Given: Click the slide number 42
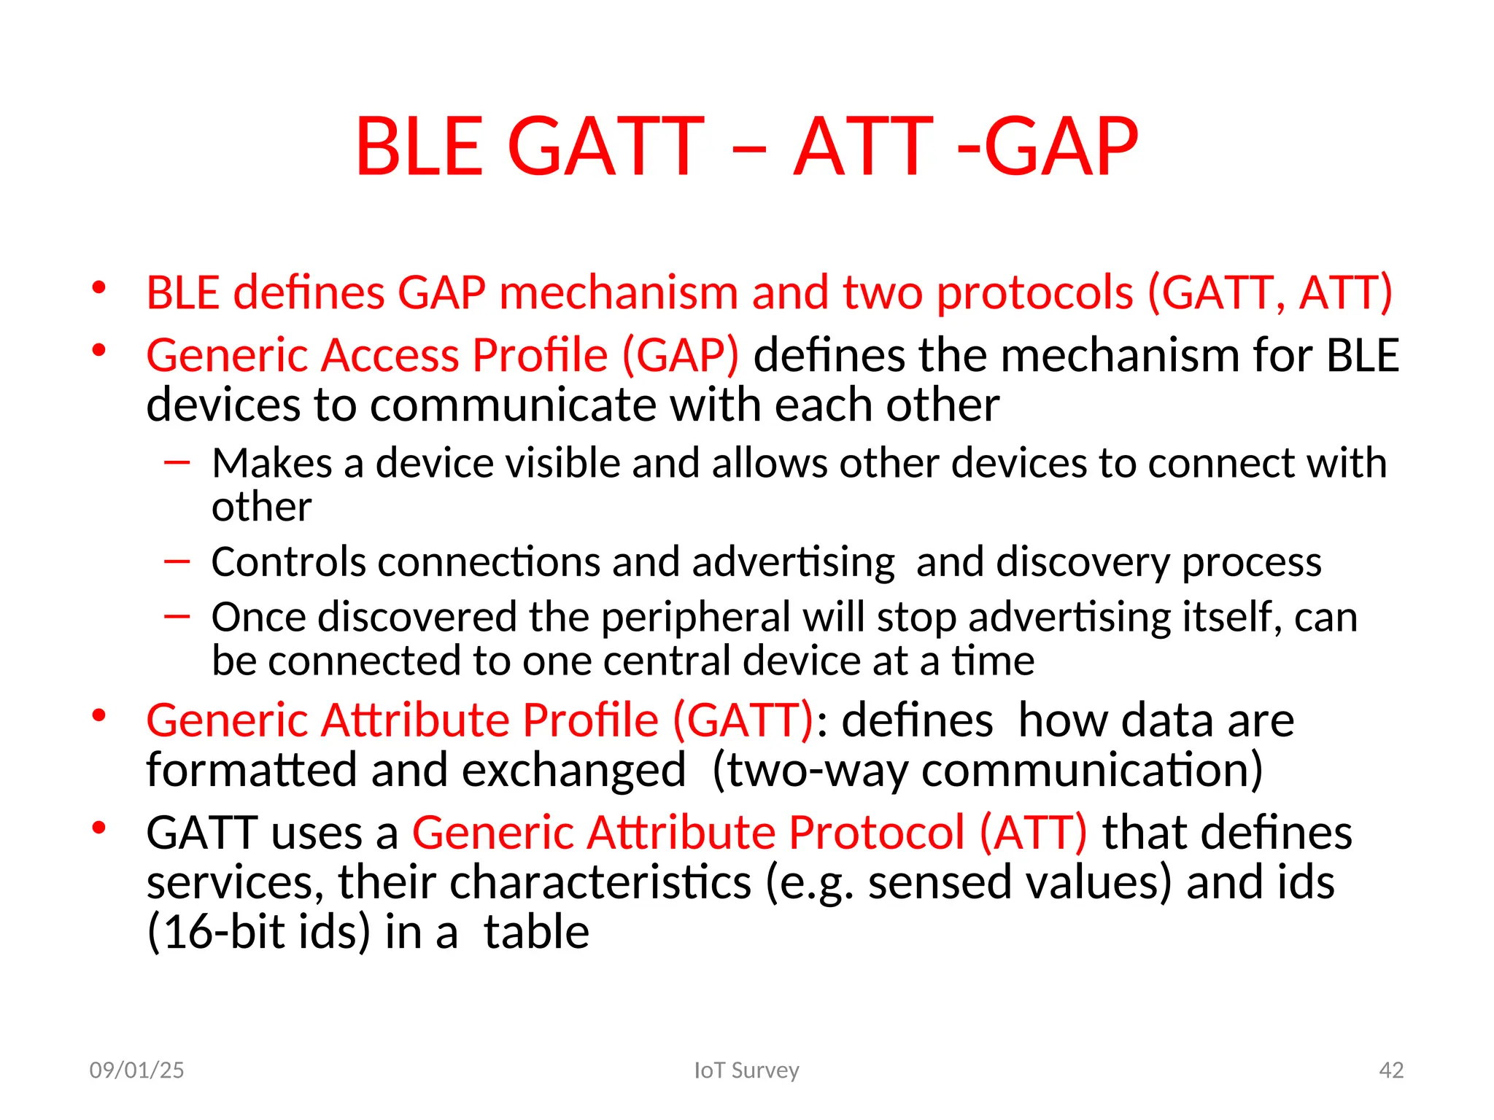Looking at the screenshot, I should (1391, 1070).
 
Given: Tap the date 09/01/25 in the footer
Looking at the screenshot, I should (136, 1070).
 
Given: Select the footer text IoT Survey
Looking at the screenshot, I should (746, 1070).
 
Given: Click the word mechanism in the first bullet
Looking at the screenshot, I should (618, 293).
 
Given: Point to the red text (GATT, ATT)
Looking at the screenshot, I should (1270, 293).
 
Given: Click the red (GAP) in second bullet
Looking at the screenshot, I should (680, 356).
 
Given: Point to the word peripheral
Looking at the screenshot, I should (695, 618).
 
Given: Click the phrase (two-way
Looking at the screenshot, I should (810, 771).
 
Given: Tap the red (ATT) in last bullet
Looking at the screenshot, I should (1032, 833).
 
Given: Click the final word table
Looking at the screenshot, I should (536, 933).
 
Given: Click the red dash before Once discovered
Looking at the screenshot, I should (177, 617).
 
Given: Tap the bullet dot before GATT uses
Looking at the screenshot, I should (100, 828).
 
